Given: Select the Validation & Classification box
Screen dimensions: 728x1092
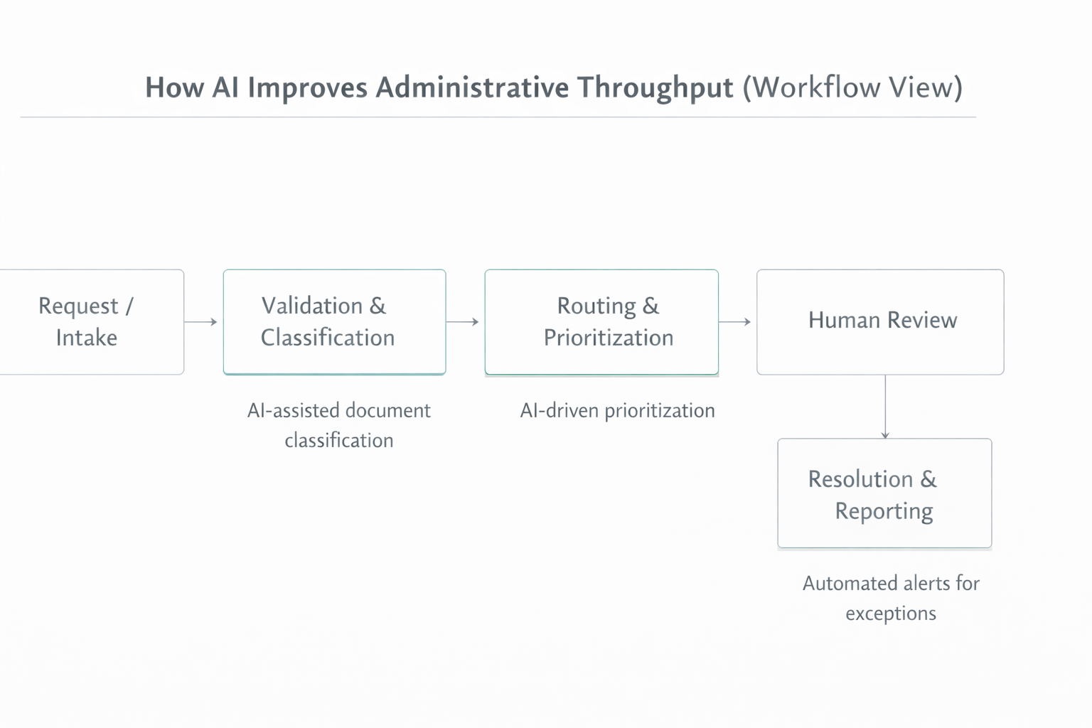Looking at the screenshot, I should (334, 322).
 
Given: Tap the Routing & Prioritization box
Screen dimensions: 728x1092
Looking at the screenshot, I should (601, 322).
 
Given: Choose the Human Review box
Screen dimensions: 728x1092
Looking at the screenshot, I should (880, 322).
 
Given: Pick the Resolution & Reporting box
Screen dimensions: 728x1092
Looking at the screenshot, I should (884, 493).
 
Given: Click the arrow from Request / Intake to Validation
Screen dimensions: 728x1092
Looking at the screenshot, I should (200, 322).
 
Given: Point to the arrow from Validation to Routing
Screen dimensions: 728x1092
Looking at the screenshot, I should (462, 322).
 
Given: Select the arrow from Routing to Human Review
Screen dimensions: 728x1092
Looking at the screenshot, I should (734, 322).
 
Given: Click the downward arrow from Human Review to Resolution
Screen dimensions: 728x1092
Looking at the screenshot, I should (885, 407).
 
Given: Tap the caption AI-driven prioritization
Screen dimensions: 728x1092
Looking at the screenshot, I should (617, 411).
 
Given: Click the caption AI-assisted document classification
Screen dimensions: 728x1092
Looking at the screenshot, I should (339, 425).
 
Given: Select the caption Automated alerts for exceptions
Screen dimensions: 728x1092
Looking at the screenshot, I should (891, 598).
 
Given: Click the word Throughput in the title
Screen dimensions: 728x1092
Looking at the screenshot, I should (655, 88).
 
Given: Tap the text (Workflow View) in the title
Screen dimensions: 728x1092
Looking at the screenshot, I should (852, 88).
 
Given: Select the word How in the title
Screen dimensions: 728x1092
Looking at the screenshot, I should (173, 88).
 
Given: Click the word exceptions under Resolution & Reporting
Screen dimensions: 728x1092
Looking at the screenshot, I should (891, 614).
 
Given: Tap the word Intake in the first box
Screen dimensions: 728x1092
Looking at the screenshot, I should (87, 338).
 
